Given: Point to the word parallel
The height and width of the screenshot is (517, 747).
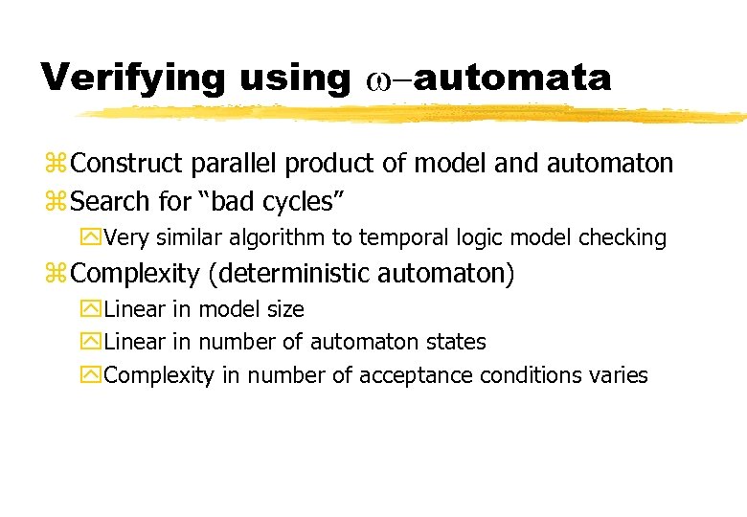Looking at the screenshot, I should tap(223, 164).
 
